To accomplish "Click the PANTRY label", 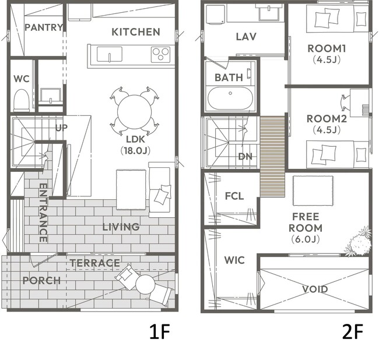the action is click(44, 27).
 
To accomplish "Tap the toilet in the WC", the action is click(22, 100).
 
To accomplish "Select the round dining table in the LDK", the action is click(134, 112).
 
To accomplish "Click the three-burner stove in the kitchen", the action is click(161, 54).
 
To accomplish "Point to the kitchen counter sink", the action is click(110, 54).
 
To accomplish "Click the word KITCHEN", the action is click(136, 32).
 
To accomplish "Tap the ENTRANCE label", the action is click(43, 213).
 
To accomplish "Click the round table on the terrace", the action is click(145, 284).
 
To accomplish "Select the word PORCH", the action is click(41, 281).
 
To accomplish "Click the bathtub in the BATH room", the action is click(230, 98).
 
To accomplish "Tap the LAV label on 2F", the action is click(246, 37).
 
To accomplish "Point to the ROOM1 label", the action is click(327, 48).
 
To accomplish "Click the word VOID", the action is click(315, 289).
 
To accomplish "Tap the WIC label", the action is click(234, 260).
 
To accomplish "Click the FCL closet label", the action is click(234, 196).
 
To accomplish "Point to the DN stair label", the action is click(245, 157).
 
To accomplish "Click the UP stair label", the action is click(61, 128).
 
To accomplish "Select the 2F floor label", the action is click(353, 332).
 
